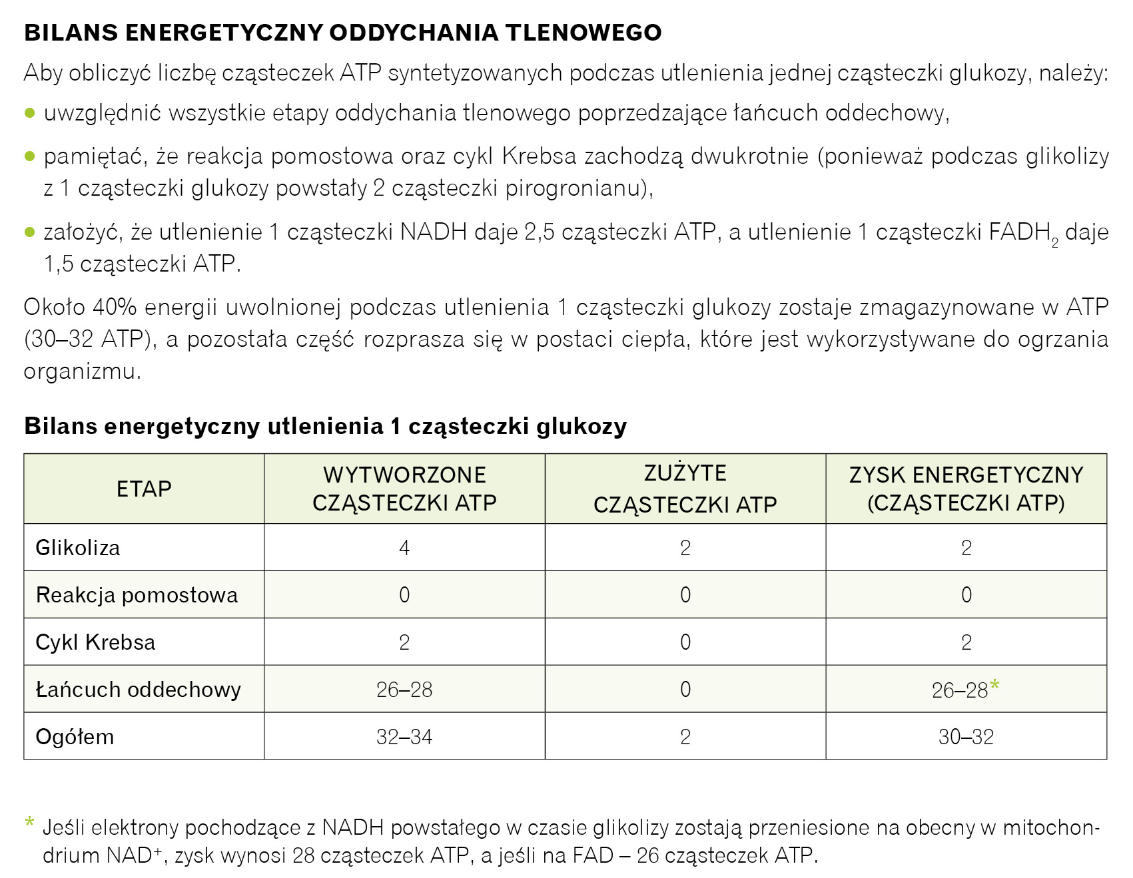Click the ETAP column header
[144, 489]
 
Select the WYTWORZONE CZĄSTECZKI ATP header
[404, 489]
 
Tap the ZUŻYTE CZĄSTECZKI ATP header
[685, 489]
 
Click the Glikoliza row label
[78, 548]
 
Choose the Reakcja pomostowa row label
[137, 595]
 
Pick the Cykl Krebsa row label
[95, 642]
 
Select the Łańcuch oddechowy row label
[138, 690]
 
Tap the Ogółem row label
[75, 737]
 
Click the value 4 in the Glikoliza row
[404, 548]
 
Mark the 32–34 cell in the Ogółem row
[404, 737]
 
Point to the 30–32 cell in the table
[966, 737]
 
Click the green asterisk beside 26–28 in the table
[995, 684]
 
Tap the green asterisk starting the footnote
[29, 822]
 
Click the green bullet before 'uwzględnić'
[29, 113]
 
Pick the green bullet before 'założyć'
[29, 232]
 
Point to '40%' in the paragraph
[115, 308]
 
